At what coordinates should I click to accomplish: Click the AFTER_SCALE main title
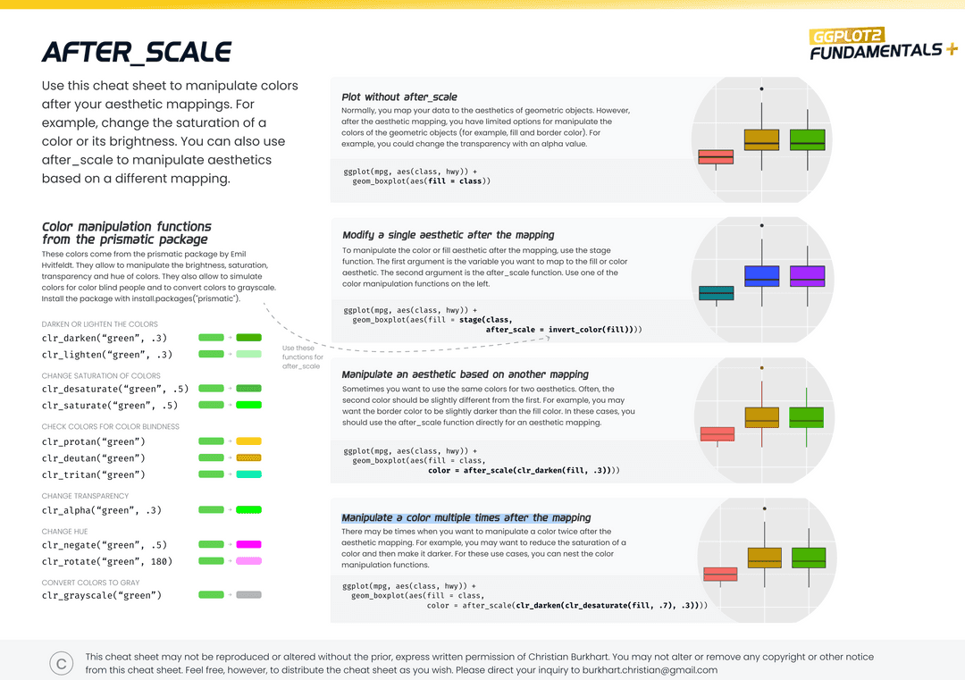coord(136,53)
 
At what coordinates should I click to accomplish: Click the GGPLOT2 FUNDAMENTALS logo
coord(875,45)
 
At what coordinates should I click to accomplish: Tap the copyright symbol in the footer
coord(62,663)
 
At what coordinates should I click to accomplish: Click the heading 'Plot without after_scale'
coord(399,97)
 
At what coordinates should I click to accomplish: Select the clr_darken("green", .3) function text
coord(105,338)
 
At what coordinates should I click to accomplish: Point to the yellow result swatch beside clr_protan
coord(248,441)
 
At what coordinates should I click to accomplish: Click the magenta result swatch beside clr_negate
coord(248,544)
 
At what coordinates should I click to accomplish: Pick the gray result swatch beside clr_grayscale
coord(248,594)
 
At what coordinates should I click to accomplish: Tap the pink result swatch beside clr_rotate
coord(248,561)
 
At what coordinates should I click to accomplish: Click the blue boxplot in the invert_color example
coord(761,275)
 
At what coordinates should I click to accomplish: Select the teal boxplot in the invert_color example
coord(716,293)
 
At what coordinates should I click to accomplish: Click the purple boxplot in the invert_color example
coord(807,275)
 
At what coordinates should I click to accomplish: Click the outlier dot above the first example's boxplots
coord(761,88)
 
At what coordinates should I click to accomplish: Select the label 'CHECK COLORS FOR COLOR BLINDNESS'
coord(111,426)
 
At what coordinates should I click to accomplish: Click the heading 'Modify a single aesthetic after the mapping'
coord(449,235)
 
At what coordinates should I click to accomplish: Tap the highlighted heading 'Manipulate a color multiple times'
coord(466,517)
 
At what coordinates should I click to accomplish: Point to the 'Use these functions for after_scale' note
coord(302,357)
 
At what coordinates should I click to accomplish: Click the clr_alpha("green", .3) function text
coord(102,510)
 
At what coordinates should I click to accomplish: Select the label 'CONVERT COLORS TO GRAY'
coord(91,583)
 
